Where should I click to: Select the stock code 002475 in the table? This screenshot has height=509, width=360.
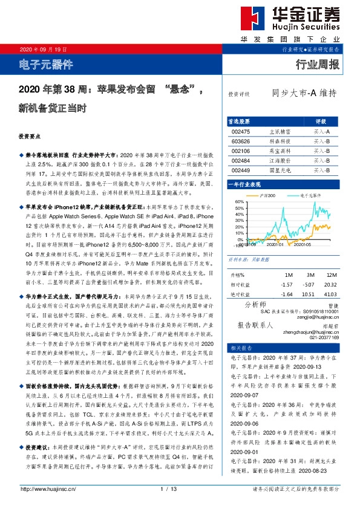(x=240, y=131)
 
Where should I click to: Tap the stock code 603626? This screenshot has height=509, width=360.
(x=240, y=141)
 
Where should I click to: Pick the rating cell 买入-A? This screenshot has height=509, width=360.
(x=321, y=131)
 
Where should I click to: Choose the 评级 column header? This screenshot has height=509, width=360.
(x=321, y=121)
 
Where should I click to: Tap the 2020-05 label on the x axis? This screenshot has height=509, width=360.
(x=302, y=244)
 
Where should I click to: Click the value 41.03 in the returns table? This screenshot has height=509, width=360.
(x=330, y=294)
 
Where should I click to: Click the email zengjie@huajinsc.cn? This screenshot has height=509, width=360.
(x=320, y=316)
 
